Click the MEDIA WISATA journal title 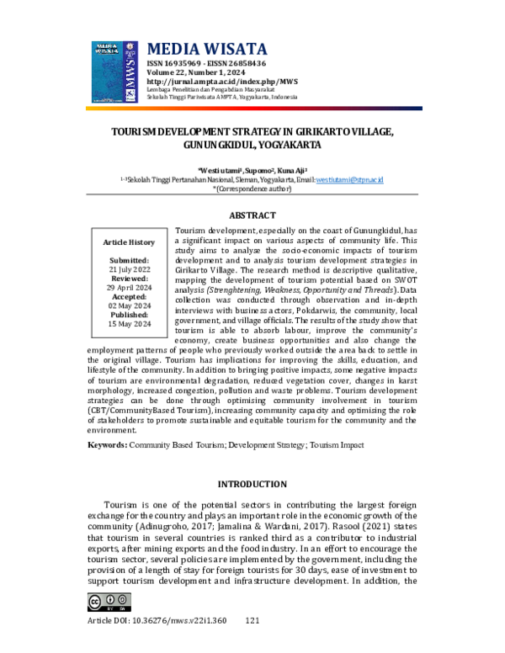coord(207,49)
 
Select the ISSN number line coord(206,63)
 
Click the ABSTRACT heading coord(252,215)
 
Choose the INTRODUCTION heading coord(252,485)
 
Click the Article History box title coord(129,242)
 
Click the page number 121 coord(252,620)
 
